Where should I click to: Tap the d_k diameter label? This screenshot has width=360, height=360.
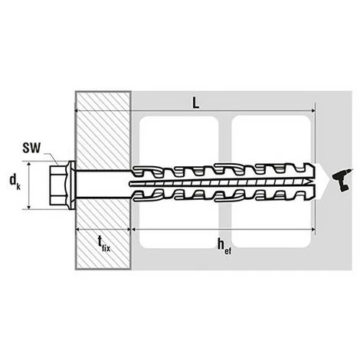tap(15, 182)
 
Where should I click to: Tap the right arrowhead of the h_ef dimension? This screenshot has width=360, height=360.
tap(312, 230)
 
